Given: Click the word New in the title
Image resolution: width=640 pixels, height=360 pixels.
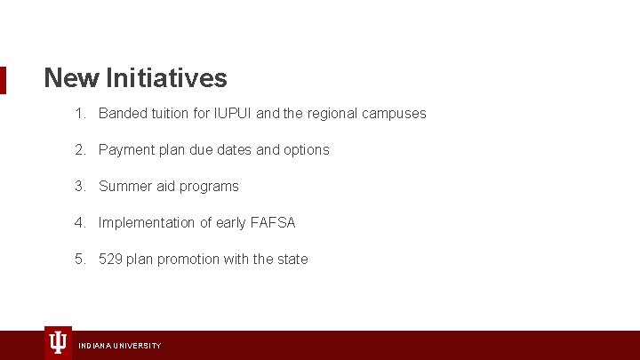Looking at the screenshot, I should (x=72, y=78).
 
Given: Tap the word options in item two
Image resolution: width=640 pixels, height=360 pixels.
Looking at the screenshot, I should (x=306, y=150).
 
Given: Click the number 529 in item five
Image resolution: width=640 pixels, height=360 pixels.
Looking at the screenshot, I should (x=111, y=260).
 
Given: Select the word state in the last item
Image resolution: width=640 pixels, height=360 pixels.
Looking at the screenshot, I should (x=292, y=260).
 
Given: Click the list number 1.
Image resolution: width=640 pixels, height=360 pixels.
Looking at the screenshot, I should (x=80, y=114).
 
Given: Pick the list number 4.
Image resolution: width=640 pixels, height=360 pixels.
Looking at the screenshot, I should (x=80, y=223).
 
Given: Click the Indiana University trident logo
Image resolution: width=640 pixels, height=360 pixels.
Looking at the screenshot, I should (x=58, y=342).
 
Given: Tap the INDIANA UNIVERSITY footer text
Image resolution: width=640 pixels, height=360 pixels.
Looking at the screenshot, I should (x=120, y=345).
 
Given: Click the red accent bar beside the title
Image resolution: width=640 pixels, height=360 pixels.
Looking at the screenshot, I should (x=3, y=79).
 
